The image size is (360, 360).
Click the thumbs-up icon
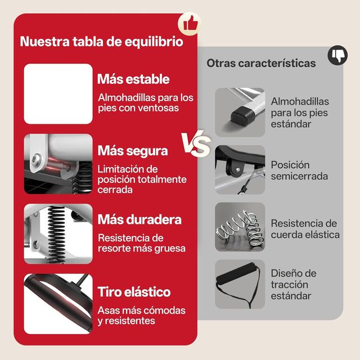[190, 23]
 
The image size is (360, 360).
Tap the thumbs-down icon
[338, 55]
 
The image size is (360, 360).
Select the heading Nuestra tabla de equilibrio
[101, 42]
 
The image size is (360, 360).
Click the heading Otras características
[261, 63]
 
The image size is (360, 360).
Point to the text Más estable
[133, 79]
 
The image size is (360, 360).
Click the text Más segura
[132, 151]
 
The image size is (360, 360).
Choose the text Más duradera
[139, 219]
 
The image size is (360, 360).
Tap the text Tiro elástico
[134, 292]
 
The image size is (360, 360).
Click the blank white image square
[58, 93]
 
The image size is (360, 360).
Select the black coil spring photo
[58, 231]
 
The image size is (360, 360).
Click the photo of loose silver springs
[240, 227]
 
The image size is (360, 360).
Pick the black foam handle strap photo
[240, 283]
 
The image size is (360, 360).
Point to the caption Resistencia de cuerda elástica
[305, 229]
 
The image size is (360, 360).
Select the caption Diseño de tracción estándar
[293, 284]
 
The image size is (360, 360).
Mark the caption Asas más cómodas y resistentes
[141, 316]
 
